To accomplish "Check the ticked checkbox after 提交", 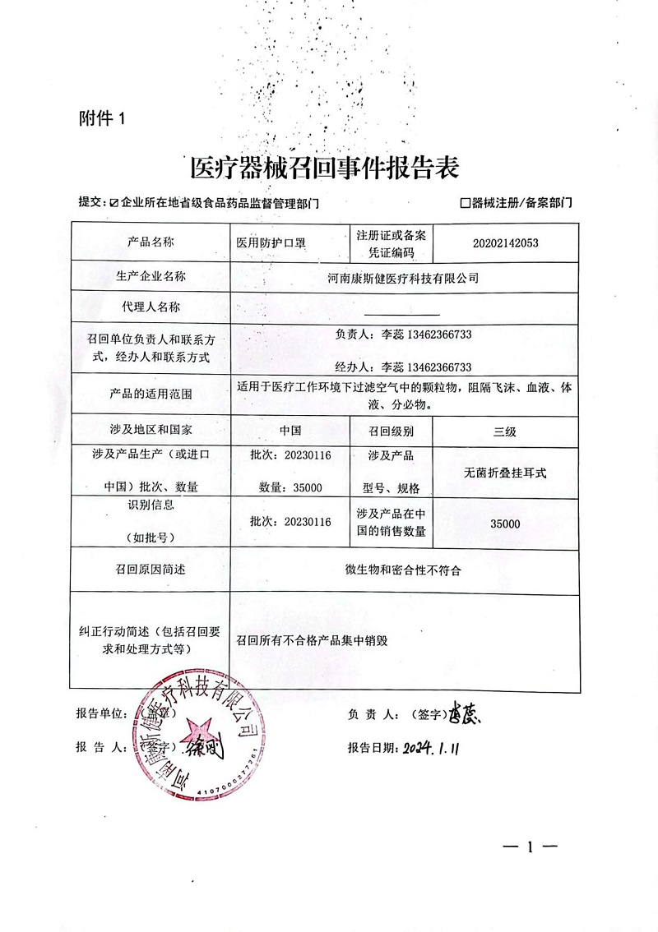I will pyautogui.click(x=114, y=201).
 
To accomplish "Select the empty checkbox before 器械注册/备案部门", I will pyautogui.click(x=466, y=201).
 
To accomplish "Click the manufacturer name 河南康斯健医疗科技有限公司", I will pyautogui.click(x=402, y=278).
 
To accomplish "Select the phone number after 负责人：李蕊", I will pyautogui.click(x=435, y=335).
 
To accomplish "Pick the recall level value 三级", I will pyautogui.click(x=504, y=431).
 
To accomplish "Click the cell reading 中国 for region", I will pyautogui.click(x=290, y=431).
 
